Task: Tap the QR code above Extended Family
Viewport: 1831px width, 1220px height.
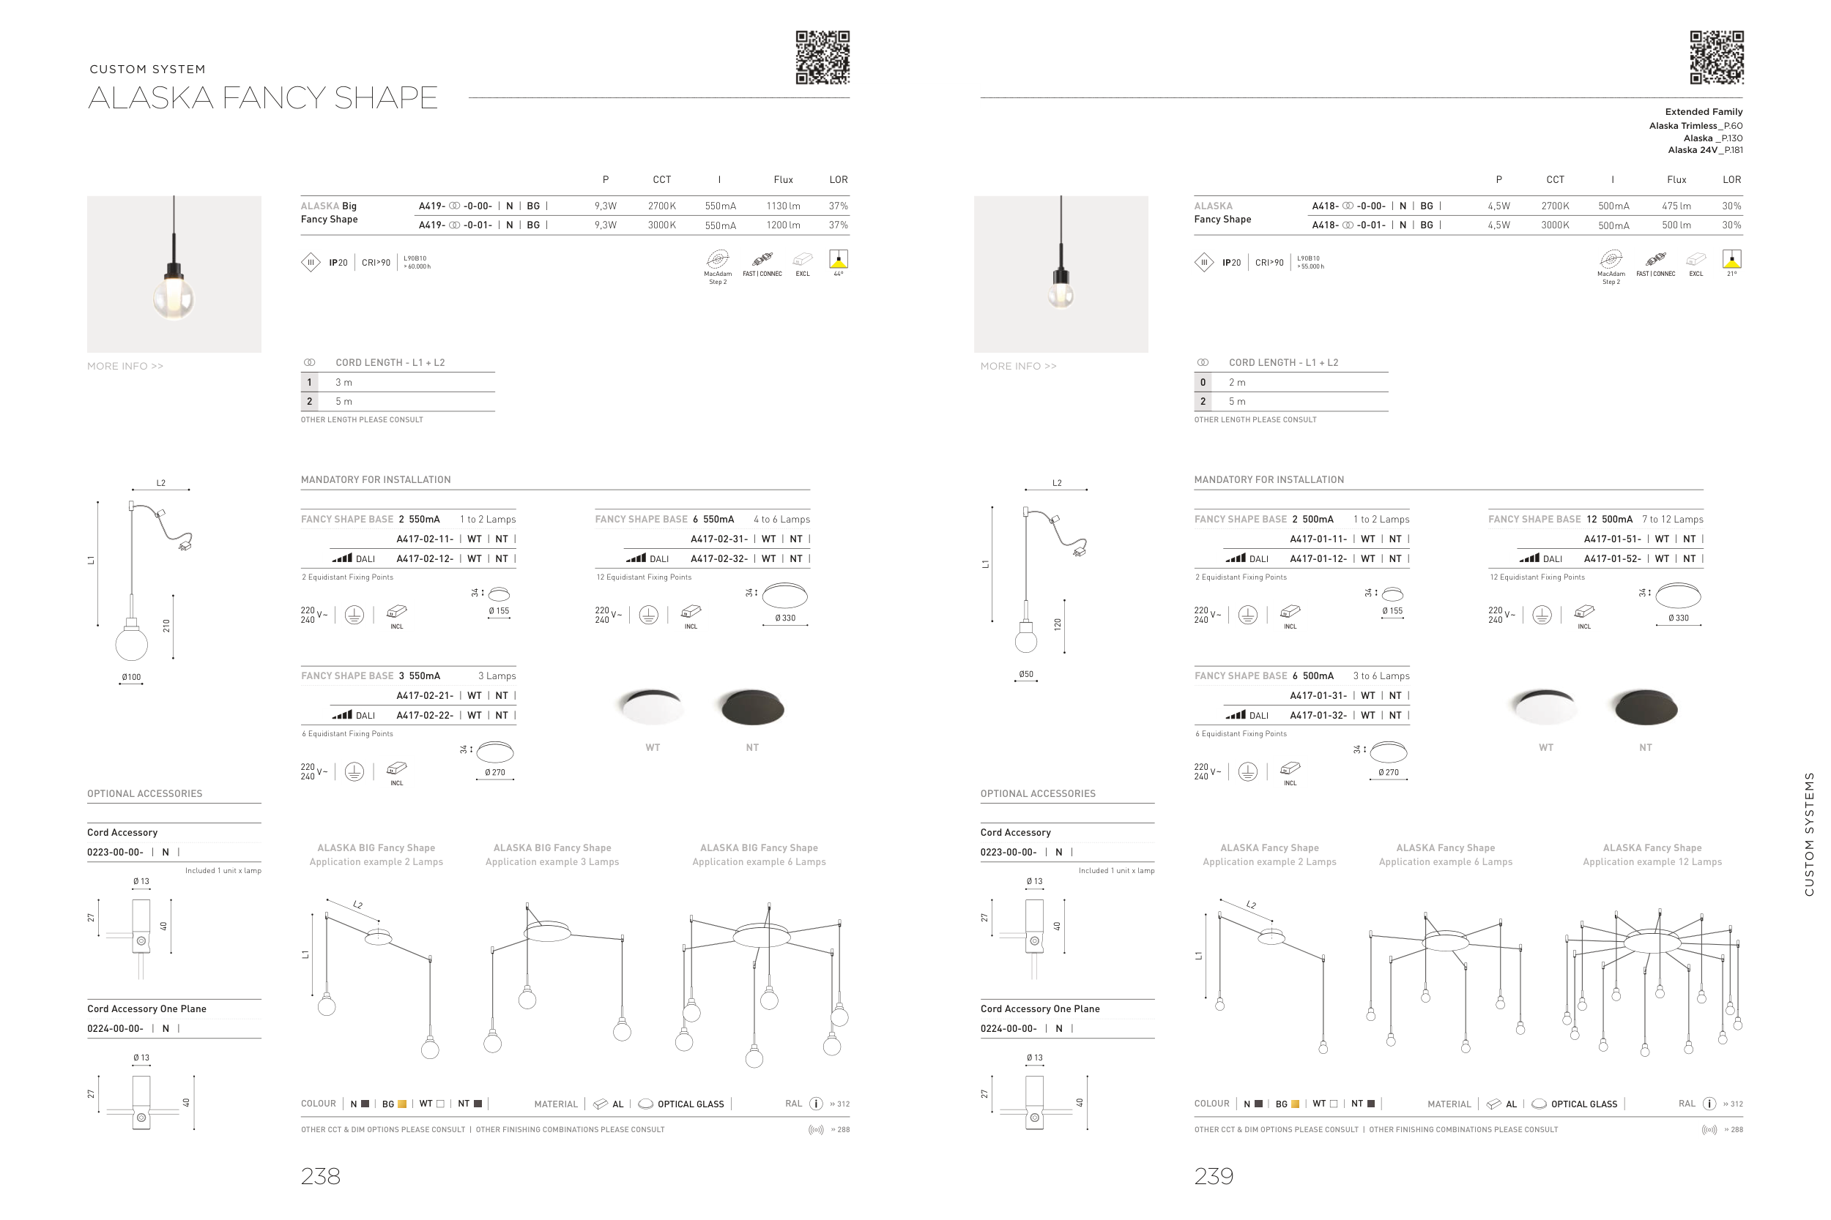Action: point(1717,58)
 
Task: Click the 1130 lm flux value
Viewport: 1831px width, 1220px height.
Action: point(783,206)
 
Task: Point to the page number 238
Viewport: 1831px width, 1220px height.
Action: point(321,1175)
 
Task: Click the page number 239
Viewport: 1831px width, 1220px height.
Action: point(1214,1175)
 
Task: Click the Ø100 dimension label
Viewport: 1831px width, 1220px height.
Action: point(132,677)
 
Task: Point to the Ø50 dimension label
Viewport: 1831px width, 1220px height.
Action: point(1026,674)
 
